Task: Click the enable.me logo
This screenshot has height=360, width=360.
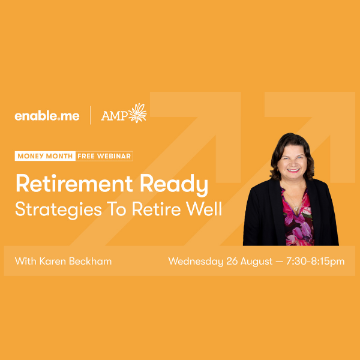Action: click(x=47, y=116)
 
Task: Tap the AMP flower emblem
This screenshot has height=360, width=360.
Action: click(x=137, y=113)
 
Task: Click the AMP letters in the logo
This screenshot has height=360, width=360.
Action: click(x=115, y=115)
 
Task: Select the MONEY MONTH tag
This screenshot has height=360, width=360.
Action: click(x=45, y=156)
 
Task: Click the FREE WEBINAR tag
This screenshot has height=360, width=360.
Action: click(x=104, y=156)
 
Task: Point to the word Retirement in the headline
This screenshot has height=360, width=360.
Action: click(x=74, y=184)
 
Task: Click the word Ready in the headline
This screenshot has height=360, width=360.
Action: click(x=174, y=185)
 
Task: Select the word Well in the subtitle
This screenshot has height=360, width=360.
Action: click(x=203, y=208)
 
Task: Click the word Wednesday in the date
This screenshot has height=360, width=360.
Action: click(x=196, y=262)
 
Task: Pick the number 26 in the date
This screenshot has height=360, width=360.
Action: click(x=232, y=261)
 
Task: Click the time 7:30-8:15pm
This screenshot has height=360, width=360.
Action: click(x=315, y=262)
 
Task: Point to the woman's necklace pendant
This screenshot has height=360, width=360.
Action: click(x=296, y=209)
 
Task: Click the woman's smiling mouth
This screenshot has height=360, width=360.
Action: click(x=293, y=170)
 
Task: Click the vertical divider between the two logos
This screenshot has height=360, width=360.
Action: click(x=90, y=115)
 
